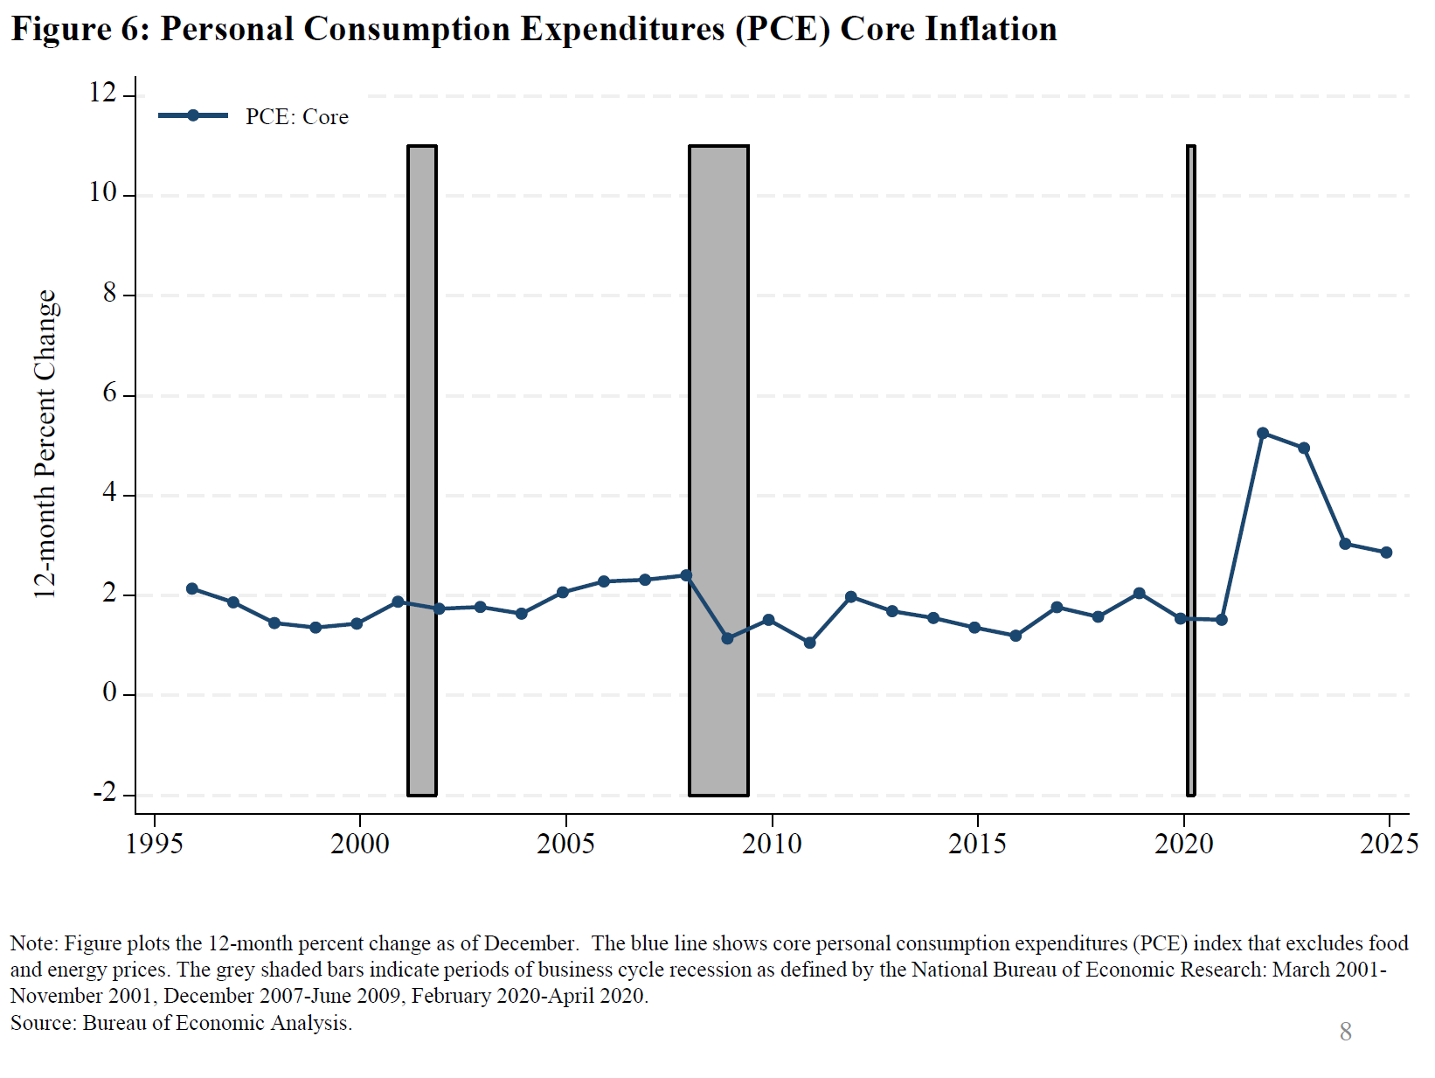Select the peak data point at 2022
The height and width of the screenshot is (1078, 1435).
[1262, 433]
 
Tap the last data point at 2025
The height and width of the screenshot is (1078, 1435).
[1386, 553]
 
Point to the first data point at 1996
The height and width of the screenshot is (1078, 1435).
[192, 588]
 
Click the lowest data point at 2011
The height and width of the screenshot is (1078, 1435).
[809, 643]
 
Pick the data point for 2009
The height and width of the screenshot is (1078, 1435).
[727, 638]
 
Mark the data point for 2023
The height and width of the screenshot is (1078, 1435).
[1304, 448]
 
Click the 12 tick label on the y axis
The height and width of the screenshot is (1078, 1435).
[103, 93]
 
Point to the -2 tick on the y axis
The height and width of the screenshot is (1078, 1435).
[104, 794]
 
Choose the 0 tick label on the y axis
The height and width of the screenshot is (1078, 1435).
[109, 693]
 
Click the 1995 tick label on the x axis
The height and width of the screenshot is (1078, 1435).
[155, 844]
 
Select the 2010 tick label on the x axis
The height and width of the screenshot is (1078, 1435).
[772, 844]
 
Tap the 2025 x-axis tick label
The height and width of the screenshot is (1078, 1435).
[1389, 844]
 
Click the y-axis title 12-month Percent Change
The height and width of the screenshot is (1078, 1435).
[45, 444]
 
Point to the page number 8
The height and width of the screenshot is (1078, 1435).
[1346, 1032]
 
